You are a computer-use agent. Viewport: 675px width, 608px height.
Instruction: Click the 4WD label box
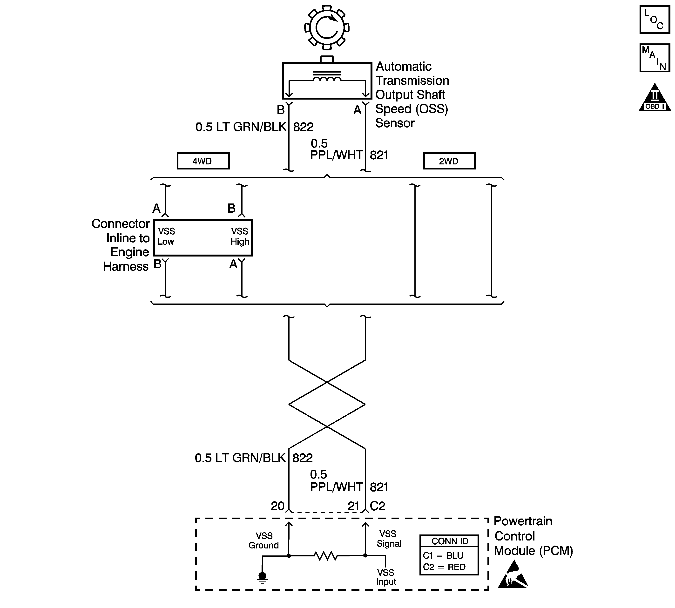click(203, 161)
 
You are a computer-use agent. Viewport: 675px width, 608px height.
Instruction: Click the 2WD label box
click(449, 161)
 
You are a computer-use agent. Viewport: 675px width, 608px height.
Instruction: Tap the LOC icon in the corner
click(654, 19)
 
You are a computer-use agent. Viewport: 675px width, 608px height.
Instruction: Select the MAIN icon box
click(654, 58)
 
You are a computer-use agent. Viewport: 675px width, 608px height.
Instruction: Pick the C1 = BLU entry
click(443, 555)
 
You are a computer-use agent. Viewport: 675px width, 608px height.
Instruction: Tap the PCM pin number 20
click(277, 506)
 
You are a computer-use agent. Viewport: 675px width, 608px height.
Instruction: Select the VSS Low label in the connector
click(166, 236)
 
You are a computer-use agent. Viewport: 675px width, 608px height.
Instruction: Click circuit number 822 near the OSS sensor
click(303, 127)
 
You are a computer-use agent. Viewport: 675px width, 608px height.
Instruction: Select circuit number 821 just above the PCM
click(379, 487)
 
